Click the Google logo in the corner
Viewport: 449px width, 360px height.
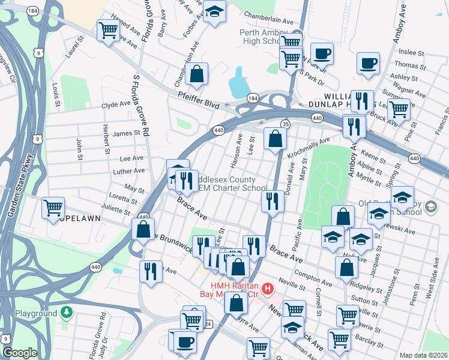(x=20, y=353)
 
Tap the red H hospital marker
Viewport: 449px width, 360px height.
(x=268, y=289)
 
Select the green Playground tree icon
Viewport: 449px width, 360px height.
(x=67, y=313)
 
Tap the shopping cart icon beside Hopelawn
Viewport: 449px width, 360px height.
(x=53, y=207)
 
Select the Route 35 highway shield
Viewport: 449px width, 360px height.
(x=286, y=124)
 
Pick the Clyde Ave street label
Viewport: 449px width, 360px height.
(x=116, y=104)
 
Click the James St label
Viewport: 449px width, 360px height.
(x=125, y=133)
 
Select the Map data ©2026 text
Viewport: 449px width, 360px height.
(x=423, y=355)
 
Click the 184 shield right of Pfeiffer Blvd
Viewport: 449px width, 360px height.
(x=253, y=97)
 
